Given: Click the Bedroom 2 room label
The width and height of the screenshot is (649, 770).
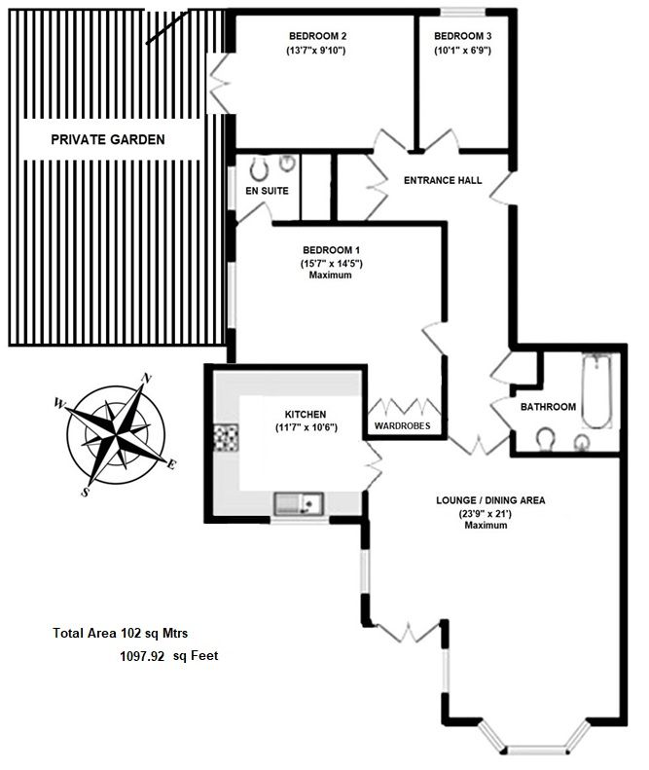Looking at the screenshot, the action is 317,36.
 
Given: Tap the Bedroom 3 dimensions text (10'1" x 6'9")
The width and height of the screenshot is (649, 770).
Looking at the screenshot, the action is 462,50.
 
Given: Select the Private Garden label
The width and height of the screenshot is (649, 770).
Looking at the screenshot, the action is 108,140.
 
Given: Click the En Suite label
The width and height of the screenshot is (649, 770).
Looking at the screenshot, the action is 267,191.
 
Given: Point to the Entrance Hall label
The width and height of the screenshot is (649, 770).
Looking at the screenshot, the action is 443,181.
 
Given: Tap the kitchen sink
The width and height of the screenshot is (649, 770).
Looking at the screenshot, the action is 299,503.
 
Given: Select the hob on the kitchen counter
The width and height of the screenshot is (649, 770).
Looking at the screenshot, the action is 227,438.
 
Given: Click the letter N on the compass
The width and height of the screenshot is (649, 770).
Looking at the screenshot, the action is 145,378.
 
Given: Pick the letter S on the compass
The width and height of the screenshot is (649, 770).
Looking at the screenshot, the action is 86,492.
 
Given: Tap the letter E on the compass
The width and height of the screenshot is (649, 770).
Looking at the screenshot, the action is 171,464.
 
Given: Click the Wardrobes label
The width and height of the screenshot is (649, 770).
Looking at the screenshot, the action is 402,425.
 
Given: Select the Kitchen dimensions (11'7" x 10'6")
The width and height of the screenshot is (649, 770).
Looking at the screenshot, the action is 306,427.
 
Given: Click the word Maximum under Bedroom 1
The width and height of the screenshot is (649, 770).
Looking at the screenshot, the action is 331,275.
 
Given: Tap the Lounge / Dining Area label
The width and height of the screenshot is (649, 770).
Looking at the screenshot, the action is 490,500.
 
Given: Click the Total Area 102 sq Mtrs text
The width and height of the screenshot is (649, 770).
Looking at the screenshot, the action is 121,634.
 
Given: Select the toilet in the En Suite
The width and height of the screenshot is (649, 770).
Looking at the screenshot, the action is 259,168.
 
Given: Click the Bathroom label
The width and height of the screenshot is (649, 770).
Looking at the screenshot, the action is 548,407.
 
